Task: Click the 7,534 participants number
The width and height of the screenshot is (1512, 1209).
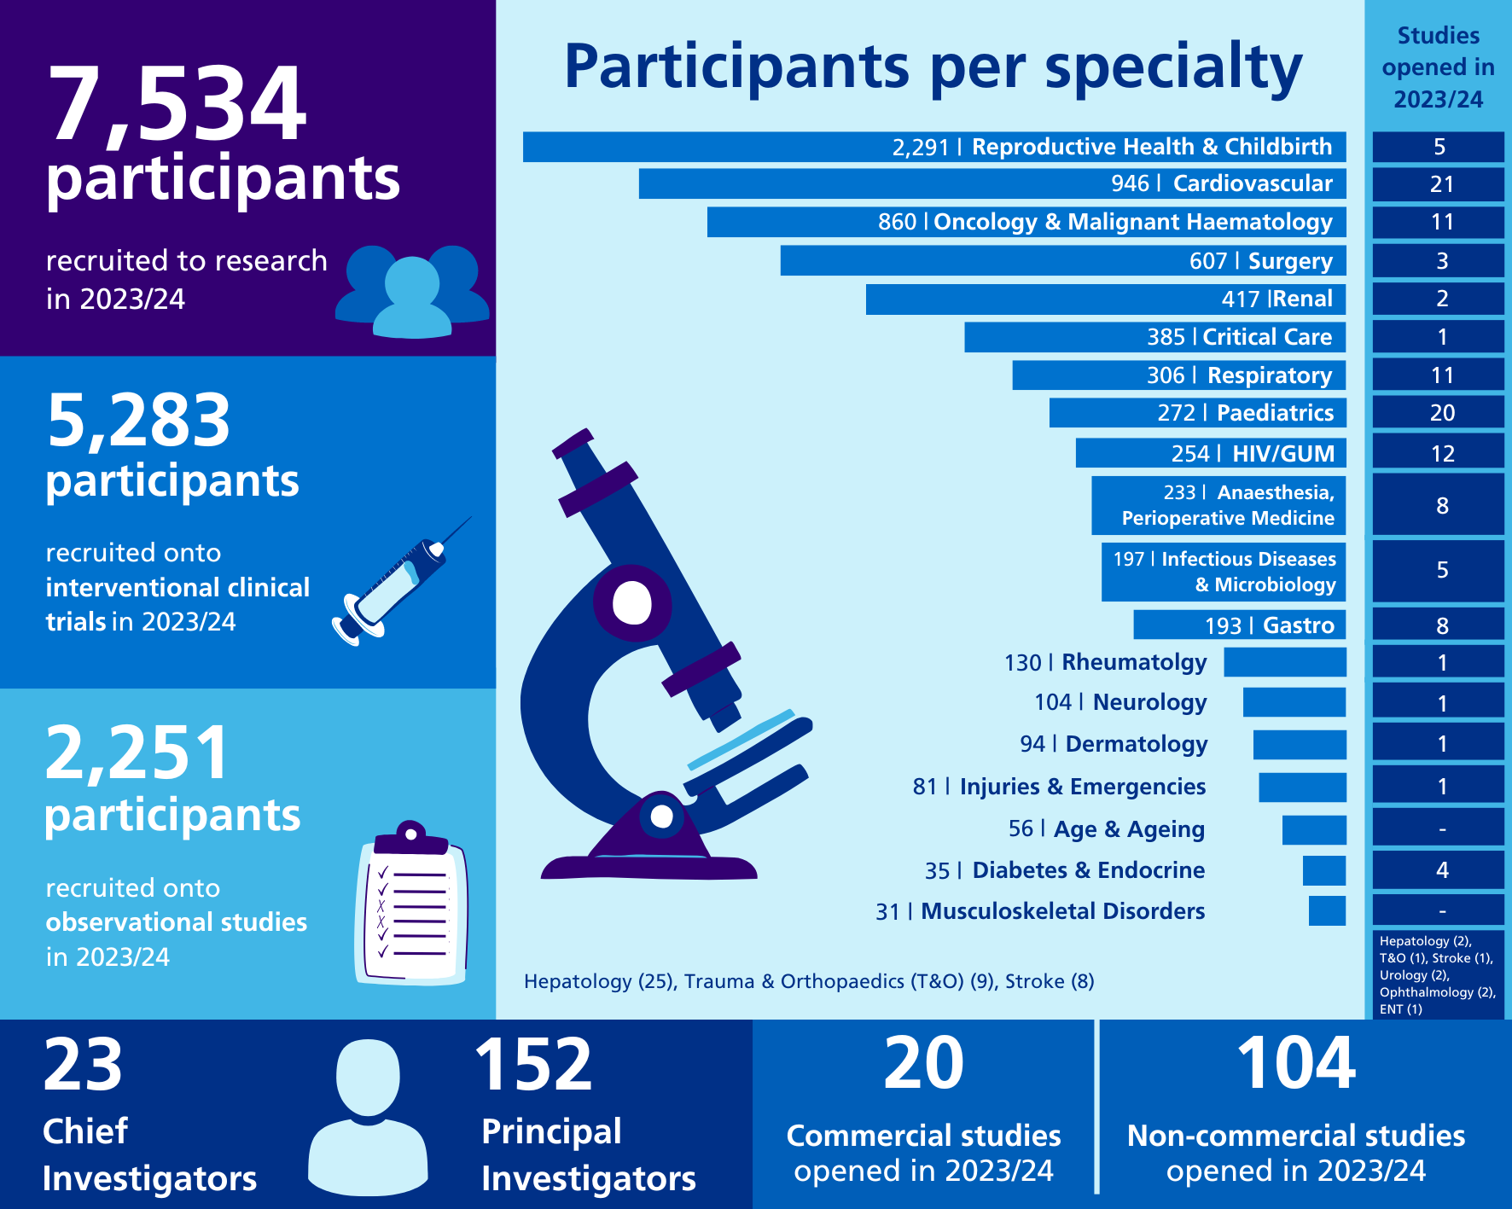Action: pyautogui.click(x=177, y=105)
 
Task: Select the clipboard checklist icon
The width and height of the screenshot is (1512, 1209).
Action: pyautogui.click(x=411, y=907)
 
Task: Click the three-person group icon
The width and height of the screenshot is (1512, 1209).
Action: pyautogui.click(x=412, y=290)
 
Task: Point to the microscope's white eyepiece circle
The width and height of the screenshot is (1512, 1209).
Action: pyautogui.click(x=632, y=602)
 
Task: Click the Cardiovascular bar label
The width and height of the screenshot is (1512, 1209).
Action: pyautogui.click(x=1252, y=183)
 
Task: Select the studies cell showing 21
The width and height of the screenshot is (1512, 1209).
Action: pyautogui.click(x=1440, y=184)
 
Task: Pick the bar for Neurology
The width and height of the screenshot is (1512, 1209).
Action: pyautogui.click(x=1294, y=702)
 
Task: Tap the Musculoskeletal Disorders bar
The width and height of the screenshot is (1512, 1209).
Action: pyautogui.click(x=1327, y=910)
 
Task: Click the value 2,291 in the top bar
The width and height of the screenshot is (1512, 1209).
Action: pyautogui.click(x=920, y=148)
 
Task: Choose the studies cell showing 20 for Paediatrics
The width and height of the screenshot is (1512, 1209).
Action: pyautogui.click(x=1440, y=413)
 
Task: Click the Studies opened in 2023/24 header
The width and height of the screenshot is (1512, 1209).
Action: pyautogui.click(x=1438, y=67)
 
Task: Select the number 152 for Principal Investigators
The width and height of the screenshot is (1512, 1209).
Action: pyautogui.click(x=532, y=1066)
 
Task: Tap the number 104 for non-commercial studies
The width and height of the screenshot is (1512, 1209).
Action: pyautogui.click(x=1294, y=1064)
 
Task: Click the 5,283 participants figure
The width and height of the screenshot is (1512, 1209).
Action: pyautogui.click(x=138, y=421)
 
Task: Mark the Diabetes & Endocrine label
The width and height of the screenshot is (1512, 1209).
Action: pyautogui.click(x=1088, y=870)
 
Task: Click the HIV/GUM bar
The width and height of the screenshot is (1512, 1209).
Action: pyautogui.click(x=1210, y=453)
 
